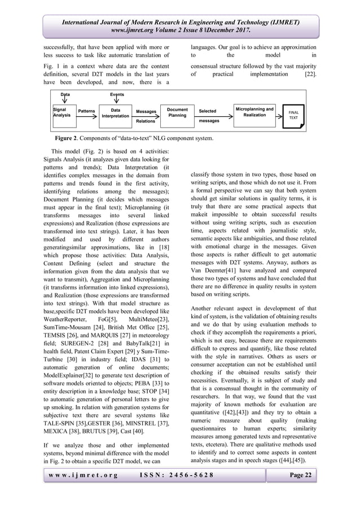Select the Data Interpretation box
pyautogui.click(x=115, y=112)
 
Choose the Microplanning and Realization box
pyautogui.click(x=254, y=111)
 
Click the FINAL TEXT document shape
pyautogui.click(x=294, y=115)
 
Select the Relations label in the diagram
pyautogui.click(x=146, y=121)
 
